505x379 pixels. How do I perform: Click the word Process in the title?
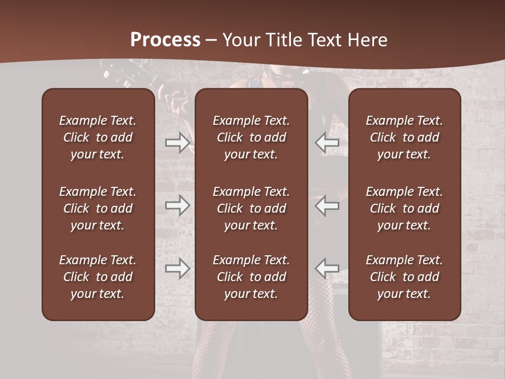point(165,39)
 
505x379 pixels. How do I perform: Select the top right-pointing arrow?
point(177,142)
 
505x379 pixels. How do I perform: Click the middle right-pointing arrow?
point(177,205)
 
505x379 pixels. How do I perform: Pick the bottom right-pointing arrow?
point(177,268)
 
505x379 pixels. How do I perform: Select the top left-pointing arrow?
point(327,142)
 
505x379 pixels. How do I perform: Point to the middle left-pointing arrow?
point(327,205)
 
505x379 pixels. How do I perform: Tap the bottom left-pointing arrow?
point(327,268)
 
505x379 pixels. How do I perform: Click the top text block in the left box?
point(98,137)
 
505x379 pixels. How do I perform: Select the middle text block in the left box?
point(98,208)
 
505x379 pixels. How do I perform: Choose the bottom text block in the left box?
point(98,277)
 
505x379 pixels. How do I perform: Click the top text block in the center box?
point(251,137)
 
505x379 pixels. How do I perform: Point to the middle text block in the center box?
point(251,208)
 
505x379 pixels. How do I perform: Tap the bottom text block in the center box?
point(251,277)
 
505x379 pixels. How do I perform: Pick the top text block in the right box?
point(404,137)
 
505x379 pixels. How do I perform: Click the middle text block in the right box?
point(404,208)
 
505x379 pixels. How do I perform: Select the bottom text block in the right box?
point(404,277)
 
